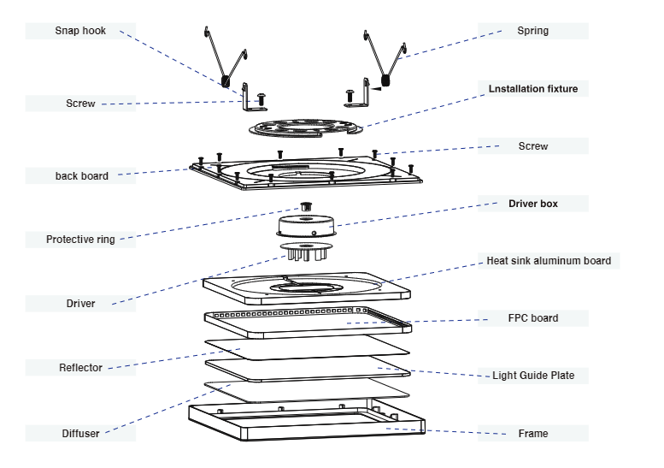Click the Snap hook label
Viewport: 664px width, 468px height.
click(x=80, y=31)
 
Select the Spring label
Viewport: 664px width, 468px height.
click(x=532, y=31)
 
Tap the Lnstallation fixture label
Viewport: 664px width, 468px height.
click(x=533, y=89)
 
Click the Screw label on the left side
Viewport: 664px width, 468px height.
click(x=80, y=104)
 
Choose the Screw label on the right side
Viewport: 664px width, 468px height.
click(x=533, y=146)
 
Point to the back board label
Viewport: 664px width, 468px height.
click(x=82, y=176)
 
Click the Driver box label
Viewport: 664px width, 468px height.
click(x=533, y=204)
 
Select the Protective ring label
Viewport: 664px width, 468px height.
click(x=80, y=240)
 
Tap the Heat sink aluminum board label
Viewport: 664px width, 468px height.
click(x=549, y=261)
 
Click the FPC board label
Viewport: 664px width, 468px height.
click(x=533, y=318)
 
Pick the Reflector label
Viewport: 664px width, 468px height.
click(x=80, y=368)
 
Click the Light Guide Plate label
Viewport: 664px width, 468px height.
click(x=533, y=375)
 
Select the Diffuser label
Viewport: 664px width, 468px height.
click(x=80, y=434)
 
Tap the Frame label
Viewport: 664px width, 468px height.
click(x=533, y=433)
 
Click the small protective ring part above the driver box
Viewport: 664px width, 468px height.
click(x=306, y=207)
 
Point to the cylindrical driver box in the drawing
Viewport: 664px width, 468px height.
click(x=306, y=226)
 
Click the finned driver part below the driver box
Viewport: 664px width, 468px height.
click(x=306, y=251)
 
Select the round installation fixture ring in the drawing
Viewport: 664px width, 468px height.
click(x=306, y=128)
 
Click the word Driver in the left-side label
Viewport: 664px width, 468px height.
click(x=80, y=304)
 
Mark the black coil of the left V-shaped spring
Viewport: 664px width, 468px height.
click(x=226, y=81)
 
